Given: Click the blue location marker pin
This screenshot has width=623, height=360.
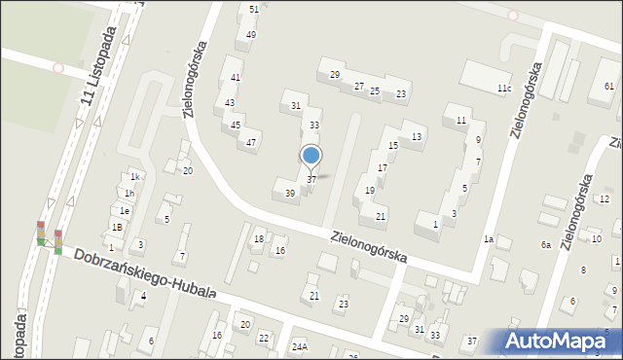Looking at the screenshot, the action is [311, 156].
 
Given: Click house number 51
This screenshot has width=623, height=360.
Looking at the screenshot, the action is [254, 9].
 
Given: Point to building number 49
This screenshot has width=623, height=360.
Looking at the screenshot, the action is [251, 35].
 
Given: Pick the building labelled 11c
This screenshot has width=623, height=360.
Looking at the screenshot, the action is [503, 89].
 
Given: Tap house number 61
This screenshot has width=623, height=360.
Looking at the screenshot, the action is [608, 87].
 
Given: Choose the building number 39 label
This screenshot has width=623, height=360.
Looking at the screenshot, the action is [289, 194].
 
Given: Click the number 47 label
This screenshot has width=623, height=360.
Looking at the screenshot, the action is [251, 143].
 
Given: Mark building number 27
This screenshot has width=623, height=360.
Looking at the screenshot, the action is [358, 87].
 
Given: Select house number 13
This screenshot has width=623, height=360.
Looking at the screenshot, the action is [417, 136].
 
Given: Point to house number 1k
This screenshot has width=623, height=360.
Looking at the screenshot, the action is [136, 177].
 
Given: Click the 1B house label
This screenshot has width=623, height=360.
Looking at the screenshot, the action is [117, 227].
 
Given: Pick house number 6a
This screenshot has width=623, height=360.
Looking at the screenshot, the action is [546, 245].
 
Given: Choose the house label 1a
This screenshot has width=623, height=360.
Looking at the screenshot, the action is [489, 239].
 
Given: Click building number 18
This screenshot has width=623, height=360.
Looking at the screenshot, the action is [258, 238].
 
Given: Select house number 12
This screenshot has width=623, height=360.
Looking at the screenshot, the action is [604, 199].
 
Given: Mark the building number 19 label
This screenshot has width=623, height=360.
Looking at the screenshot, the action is [369, 191].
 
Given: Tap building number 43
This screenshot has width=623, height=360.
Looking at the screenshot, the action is [230, 102].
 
